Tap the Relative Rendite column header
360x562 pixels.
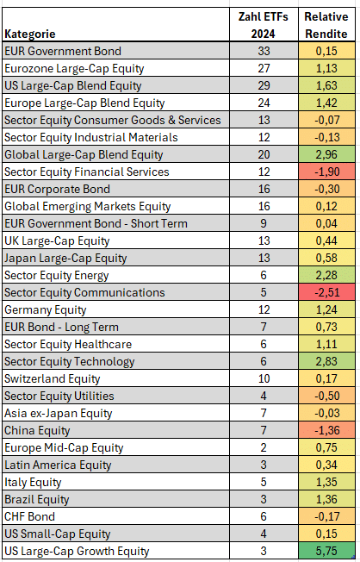pyautogui.click(x=326, y=24)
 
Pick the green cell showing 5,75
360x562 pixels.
pyautogui.click(x=326, y=551)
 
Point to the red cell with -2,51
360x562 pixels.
pyautogui.click(x=326, y=292)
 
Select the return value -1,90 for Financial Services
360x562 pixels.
pyautogui.click(x=326, y=172)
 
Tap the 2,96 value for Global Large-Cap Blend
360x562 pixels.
pyautogui.click(x=326, y=154)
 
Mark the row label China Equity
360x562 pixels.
pyautogui.click(x=39, y=430)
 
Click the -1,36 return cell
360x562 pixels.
pyautogui.click(x=326, y=430)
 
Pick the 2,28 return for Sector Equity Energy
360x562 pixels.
pyautogui.click(x=326, y=275)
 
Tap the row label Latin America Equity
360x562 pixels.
pyautogui.click(x=58, y=465)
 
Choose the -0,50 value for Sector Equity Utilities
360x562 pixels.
pyautogui.click(x=326, y=396)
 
